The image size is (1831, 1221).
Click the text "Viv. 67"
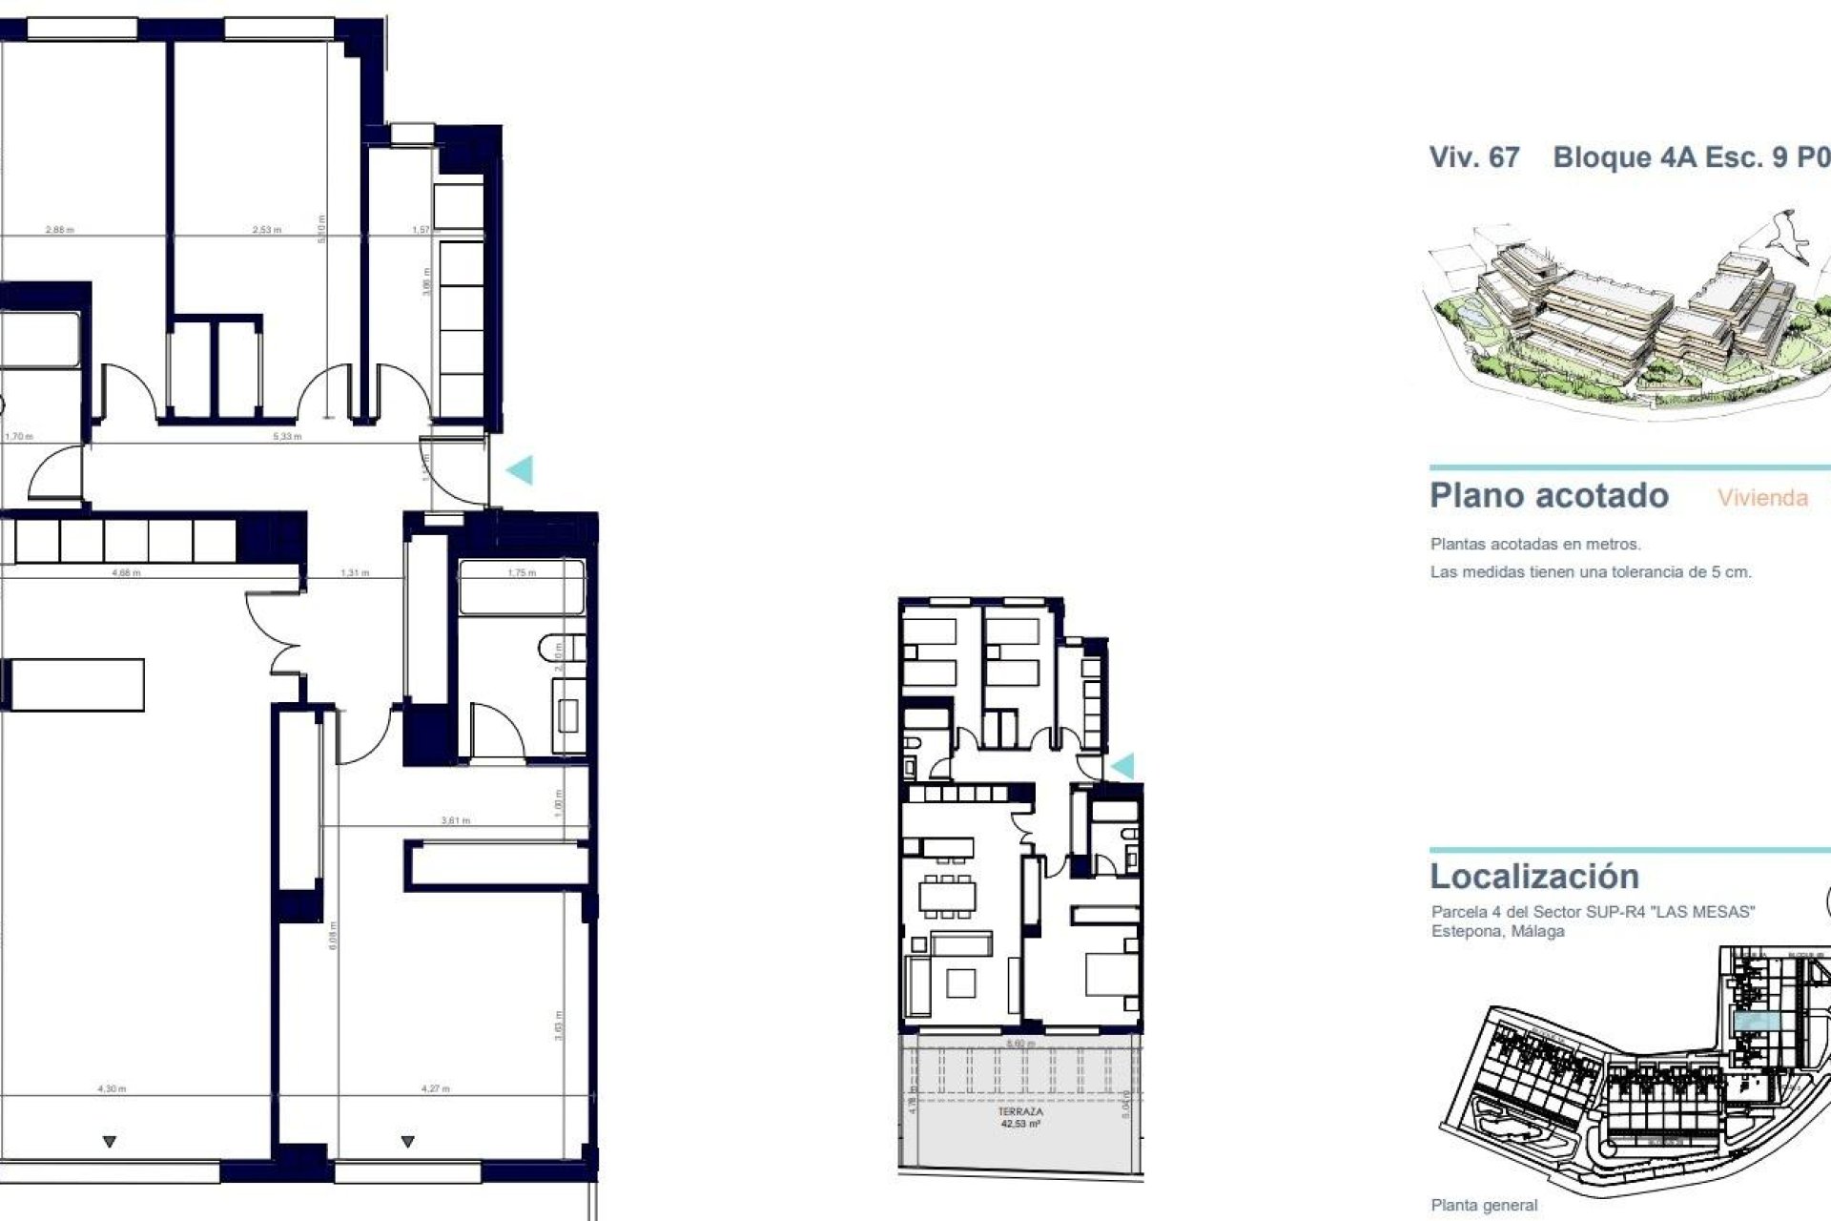1473,157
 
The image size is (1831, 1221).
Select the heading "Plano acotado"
1549,496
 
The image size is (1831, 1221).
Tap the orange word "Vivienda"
1762,498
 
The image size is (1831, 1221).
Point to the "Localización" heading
1533,876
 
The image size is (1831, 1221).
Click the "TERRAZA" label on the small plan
1020,1111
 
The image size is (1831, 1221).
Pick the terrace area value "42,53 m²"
1020,1124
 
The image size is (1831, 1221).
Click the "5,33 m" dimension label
287,437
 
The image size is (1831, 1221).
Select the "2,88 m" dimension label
59,230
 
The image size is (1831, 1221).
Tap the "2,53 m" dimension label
267,230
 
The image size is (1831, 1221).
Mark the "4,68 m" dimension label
126,573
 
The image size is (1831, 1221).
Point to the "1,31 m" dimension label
355,573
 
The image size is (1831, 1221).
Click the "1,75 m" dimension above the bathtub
522,573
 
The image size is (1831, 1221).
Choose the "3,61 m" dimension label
456,820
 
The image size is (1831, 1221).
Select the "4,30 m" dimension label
112,1088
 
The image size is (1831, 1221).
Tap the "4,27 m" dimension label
436,1088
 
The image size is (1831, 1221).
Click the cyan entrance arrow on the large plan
520,469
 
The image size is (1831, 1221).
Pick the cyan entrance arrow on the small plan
1122,765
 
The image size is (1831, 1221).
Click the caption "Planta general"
1484,1206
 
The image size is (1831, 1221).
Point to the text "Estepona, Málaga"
1497,931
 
